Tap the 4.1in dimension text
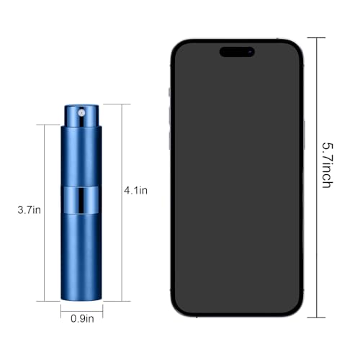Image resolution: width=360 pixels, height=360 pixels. [x=135, y=191]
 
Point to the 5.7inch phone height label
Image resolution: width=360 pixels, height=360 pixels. [x=326, y=165]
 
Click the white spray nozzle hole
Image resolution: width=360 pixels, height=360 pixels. [x=81, y=112]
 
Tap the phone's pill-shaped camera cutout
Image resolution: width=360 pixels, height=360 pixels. [x=237, y=51]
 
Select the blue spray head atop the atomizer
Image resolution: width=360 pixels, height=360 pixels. [x=81, y=114]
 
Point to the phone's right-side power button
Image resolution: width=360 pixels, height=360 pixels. [x=304, y=133]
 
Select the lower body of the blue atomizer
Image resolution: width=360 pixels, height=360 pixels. [x=81, y=259]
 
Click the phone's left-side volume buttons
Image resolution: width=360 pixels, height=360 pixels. [x=170, y=115]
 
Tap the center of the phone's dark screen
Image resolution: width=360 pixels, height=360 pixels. [x=236, y=180]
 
